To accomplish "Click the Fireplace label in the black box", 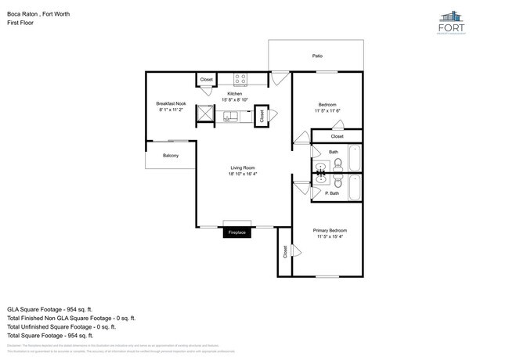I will pyautogui.click(x=236, y=233).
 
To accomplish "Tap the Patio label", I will pyautogui.click(x=317, y=56).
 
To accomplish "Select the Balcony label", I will pyautogui.click(x=170, y=156).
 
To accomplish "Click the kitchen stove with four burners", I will pyautogui.click(x=241, y=79).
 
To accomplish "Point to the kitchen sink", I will pyautogui.click(x=231, y=117).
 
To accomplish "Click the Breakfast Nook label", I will pyautogui.click(x=171, y=104).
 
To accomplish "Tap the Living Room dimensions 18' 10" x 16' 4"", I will pyautogui.click(x=243, y=175).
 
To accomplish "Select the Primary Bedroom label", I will pyautogui.click(x=329, y=230).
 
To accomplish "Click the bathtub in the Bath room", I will pyautogui.click(x=354, y=159).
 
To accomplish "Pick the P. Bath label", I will pyautogui.click(x=332, y=193).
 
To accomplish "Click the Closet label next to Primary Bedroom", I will pyautogui.click(x=283, y=252).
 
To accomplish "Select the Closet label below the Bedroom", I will pyautogui.click(x=337, y=136).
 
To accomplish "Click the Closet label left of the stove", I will pyautogui.click(x=206, y=80).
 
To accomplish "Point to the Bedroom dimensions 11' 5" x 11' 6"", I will pyautogui.click(x=327, y=111).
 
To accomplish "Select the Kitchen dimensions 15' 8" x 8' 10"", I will pyautogui.click(x=235, y=100).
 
